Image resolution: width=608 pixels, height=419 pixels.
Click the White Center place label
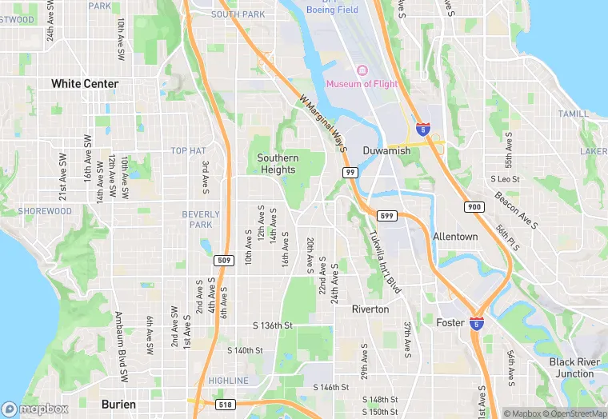[x=85, y=83]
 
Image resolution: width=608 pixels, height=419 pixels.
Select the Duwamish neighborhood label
[x=386, y=150]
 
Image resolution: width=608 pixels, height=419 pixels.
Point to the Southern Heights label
[x=278, y=164]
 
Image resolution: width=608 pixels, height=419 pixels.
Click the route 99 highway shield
[x=350, y=173]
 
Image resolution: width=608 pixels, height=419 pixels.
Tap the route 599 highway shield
[x=386, y=216]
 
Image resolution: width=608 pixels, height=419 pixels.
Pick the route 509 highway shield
[x=224, y=260]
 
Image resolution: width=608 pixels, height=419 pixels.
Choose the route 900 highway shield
[x=473, y=207]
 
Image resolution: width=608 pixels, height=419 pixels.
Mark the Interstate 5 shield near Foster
[x=477, y=324]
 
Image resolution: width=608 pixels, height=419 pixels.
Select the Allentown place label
[x=455, y=237]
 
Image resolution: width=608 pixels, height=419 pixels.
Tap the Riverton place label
[x=370, y=309]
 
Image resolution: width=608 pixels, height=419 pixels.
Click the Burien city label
[x=118, y=405]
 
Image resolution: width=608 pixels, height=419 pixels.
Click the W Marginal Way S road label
[x=325, y=125]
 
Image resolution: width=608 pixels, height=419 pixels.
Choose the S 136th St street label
[x=273, y=325]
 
